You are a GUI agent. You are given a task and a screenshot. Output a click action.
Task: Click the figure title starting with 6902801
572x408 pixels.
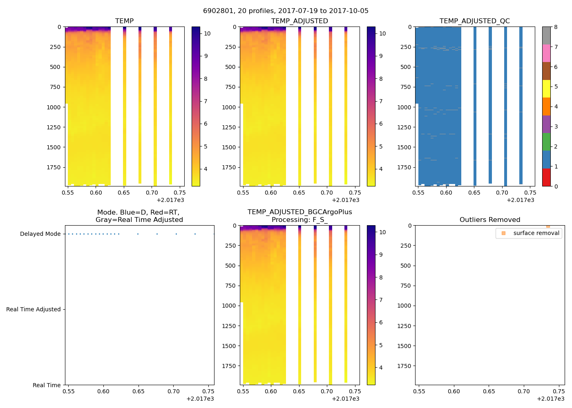click(286, 11)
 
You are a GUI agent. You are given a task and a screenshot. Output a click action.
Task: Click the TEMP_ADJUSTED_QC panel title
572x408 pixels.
click(474, 21)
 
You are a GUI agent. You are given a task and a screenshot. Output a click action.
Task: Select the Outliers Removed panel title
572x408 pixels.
click(489, 220)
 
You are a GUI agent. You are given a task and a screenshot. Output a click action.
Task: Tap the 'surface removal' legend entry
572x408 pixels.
click(536, 233)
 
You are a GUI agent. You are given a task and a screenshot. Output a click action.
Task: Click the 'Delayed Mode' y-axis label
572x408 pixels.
click(40, 234)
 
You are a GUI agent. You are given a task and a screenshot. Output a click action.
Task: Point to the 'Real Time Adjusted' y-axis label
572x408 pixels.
click(33, 310)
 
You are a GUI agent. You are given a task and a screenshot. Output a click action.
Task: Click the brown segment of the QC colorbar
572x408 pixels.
click(546, 71)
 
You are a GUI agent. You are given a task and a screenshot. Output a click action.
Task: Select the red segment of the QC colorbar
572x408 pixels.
click(546, 177)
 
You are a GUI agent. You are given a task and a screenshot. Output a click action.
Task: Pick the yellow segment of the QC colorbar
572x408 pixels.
click(546, 89)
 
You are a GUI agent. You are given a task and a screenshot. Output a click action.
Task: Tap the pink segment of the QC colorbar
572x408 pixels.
click(546, 53)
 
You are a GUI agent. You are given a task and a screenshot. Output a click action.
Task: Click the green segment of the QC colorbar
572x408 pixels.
click(546, 142)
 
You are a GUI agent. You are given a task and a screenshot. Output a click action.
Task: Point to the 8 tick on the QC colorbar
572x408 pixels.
click(556, 27)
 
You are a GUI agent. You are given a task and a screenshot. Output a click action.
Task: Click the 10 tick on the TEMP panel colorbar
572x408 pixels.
click(207, 34)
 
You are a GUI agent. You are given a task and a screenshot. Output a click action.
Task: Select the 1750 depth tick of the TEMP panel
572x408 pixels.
click(53, 168)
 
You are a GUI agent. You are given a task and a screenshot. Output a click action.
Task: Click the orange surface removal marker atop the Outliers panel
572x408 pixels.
click(548, 226)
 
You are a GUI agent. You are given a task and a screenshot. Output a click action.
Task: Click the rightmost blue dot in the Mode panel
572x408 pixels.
click(214, 234)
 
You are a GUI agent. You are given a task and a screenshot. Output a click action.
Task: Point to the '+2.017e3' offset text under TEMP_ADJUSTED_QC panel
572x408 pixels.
click(520, 200)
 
